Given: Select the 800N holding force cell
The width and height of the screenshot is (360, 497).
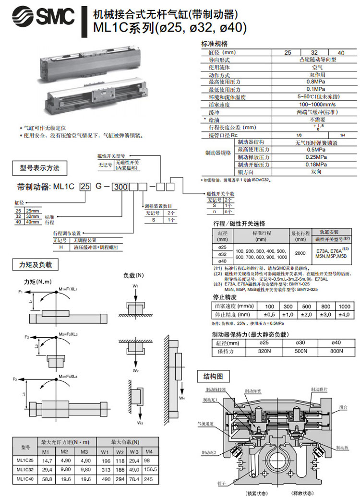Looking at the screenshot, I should tap(336, 351).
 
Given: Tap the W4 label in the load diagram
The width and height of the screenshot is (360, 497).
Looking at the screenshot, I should tap(182, 398).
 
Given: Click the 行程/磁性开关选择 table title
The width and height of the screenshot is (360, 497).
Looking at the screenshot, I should tap(239, 224).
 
